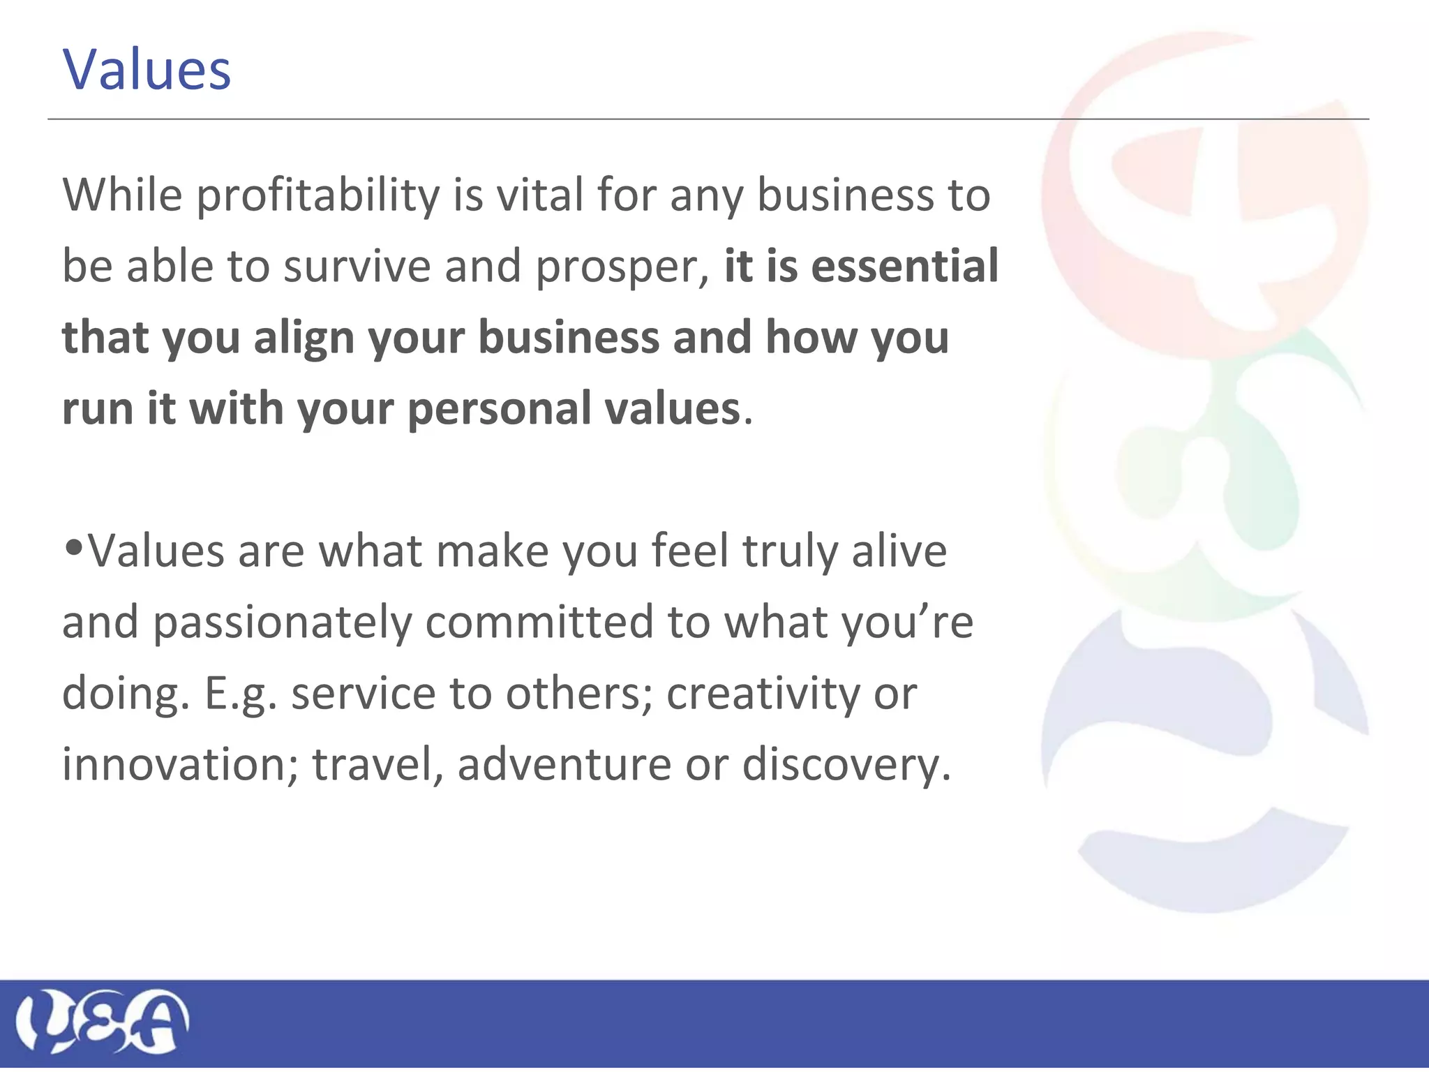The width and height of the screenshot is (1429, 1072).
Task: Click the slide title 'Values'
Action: coord(147,70)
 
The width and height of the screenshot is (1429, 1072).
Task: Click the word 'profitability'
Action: coord(317,195)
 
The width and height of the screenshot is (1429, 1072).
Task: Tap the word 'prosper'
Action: coord(617,268)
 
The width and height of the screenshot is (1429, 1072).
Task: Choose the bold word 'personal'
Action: coord(500,410)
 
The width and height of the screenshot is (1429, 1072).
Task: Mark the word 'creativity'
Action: coord(763,694)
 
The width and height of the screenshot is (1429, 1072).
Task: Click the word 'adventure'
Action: coord(564,765)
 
